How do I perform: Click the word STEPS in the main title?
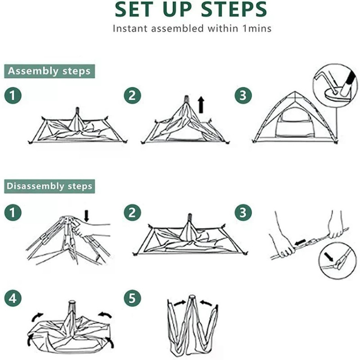234,9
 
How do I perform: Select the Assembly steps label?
49,71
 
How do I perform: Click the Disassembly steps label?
49,186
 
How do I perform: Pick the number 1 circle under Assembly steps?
13,96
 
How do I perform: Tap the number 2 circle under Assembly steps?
132,96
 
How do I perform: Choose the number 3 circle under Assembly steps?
243,96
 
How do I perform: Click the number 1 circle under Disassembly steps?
13,212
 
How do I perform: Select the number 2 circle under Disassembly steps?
132,212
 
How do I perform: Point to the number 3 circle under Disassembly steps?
243,212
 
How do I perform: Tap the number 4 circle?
13,298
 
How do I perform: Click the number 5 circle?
132,298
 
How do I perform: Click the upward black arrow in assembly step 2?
201,105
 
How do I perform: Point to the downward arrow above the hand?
86,216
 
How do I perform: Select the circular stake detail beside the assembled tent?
335,85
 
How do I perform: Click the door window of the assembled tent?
295,122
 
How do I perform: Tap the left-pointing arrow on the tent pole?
300,242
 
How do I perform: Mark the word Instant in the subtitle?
130,28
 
